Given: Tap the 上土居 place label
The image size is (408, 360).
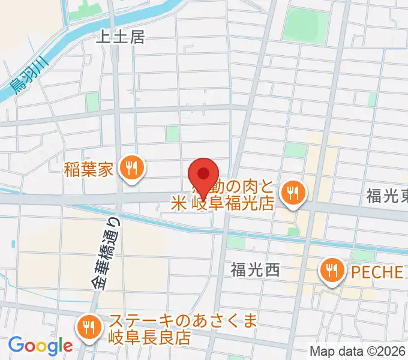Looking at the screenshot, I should [x=121, y=37].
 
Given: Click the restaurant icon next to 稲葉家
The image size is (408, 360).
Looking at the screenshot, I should [x=130, y=168].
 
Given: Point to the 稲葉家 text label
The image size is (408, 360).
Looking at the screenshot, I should [x=89, y=169].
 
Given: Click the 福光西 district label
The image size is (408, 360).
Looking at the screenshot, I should [x=255, y=270].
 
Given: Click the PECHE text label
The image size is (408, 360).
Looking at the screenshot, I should [x=377, y=271].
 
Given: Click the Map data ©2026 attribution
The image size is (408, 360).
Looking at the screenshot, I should [x=358, y=351].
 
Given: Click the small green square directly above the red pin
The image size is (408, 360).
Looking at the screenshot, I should [x=173, y=134].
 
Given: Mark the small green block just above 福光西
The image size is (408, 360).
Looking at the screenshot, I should [x=236, y=242].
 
